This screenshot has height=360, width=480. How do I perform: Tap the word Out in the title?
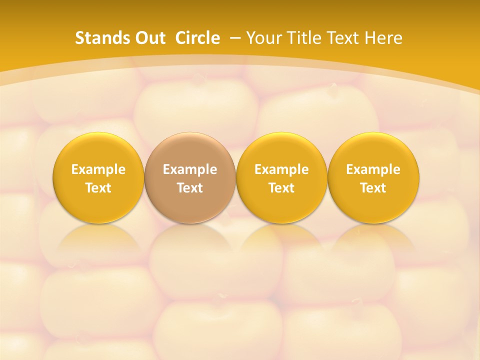[149, 38]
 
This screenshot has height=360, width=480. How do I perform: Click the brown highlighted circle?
[190, 178]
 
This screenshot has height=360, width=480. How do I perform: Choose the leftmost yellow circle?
[98, 178]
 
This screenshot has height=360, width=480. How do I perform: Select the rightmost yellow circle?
[373, 178]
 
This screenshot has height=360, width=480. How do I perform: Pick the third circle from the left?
[281, 178]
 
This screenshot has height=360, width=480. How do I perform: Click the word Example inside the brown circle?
[190, 169]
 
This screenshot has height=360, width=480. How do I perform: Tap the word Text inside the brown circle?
[190, 188]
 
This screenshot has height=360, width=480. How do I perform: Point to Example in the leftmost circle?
[98, 169]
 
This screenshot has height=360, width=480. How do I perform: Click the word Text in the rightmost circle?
[373, 188]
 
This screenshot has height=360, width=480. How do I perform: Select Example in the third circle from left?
[281, 169]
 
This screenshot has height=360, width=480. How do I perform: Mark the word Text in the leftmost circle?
[98, 188]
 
